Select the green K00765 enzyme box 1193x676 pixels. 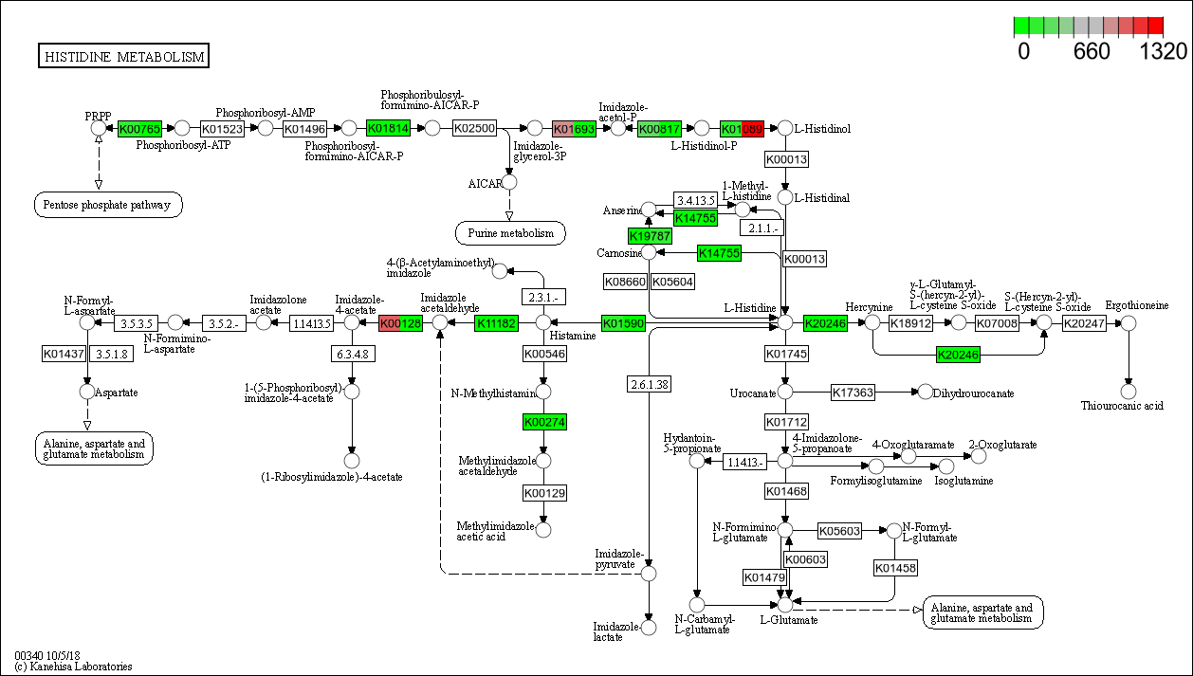pos(139,128)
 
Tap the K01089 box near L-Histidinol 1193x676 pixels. pos(742,128)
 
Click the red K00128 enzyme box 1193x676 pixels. pos(400,323)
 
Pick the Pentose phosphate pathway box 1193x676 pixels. pos(108,204)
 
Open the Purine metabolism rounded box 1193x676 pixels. pos(510,232)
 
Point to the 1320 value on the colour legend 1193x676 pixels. pos(1163,52)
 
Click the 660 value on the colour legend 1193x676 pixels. pos(1091,52)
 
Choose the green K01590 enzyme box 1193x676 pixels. pos(623,323)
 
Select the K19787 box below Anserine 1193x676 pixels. pos(650,235)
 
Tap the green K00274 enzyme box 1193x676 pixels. pos(544,421)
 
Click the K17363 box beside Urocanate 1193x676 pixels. pos(853,393)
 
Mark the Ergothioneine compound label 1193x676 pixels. pos(1136,305)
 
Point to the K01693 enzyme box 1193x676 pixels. pos(574,128)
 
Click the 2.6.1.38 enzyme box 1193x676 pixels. pos(649,384)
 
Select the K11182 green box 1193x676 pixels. pos(496,323)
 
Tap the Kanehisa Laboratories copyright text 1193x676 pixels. pos(73,667)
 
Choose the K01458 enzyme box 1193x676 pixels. pos(895,568)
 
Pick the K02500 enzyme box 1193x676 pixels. pos(474,128)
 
